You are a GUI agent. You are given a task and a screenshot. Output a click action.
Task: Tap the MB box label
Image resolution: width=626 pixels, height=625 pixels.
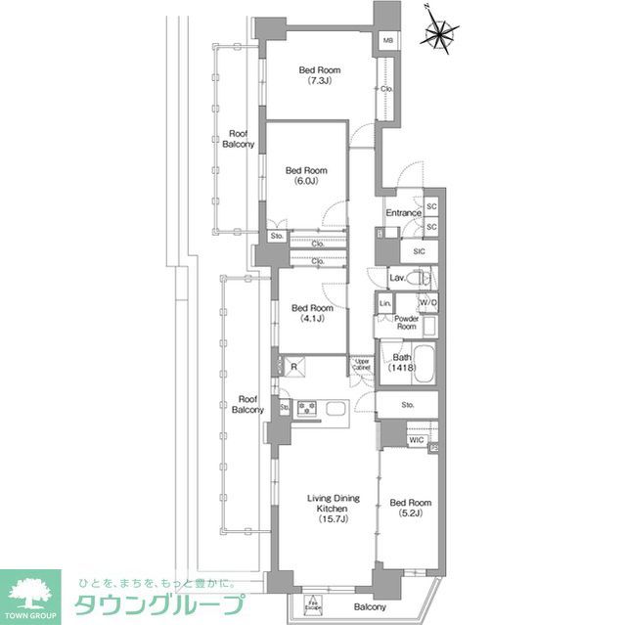tap(388, 40)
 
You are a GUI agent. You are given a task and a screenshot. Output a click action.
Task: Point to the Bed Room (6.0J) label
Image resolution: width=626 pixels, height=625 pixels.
tap(307, 175)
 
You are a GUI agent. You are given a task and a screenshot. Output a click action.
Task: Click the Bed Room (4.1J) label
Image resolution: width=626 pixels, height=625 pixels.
tap(313, 313)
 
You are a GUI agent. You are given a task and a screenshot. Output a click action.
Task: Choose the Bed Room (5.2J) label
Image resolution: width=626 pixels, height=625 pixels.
tap(410, 509)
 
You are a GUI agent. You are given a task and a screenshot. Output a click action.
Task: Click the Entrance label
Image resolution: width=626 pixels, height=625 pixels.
tap(403, 213)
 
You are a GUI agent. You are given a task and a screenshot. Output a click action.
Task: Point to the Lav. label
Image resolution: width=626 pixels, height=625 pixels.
tap(397, 279)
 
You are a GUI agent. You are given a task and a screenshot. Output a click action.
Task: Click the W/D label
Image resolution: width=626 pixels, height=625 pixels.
tap(428, 304)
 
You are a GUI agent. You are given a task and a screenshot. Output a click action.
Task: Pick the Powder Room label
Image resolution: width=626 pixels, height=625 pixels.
tap(407, 323)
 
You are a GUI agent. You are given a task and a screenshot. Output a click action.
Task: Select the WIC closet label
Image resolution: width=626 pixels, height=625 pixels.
tap(416, 440)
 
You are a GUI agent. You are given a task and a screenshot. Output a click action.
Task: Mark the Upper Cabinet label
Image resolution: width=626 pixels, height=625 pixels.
tap(362, 367)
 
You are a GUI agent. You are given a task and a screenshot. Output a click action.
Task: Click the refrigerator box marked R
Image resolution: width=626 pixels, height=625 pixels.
tap(294, 367)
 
